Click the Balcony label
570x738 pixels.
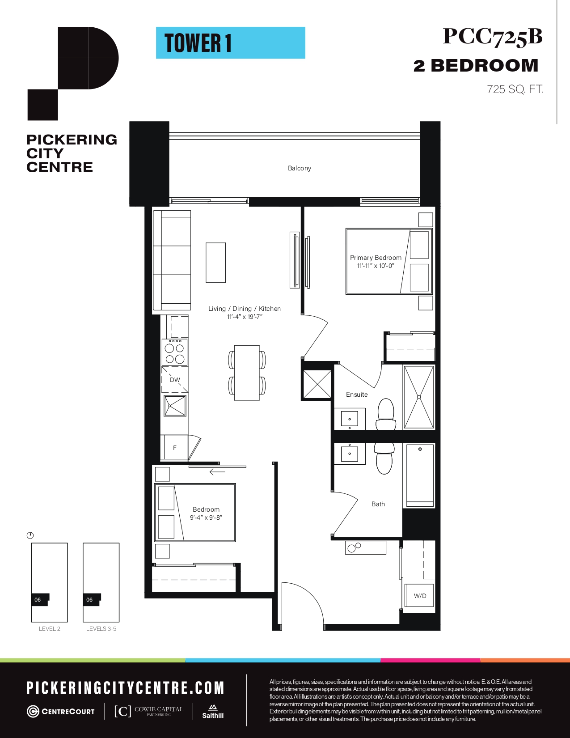(299, 168)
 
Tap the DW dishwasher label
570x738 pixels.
(175, 380)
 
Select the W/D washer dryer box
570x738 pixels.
(420, 595)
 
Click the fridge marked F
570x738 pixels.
(174, 448)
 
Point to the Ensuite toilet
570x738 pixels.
(386, 414)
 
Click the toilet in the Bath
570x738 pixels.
(384, 458)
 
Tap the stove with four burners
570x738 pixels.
(174, 352)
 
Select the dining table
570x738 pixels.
(247, 373)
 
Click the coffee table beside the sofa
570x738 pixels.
(215, 263)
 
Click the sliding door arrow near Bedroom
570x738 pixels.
(217, 472)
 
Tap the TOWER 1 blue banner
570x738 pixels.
(231, 43)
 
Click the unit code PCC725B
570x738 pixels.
(493, 37)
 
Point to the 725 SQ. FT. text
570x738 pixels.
(515, 89)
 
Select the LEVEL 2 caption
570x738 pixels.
(50, 628)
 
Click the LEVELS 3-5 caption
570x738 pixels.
(101, 628)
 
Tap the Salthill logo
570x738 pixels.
(213, 711)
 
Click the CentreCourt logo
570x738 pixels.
(61, 712)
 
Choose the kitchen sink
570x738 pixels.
(175, 406)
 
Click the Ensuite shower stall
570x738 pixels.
(419, 397)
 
